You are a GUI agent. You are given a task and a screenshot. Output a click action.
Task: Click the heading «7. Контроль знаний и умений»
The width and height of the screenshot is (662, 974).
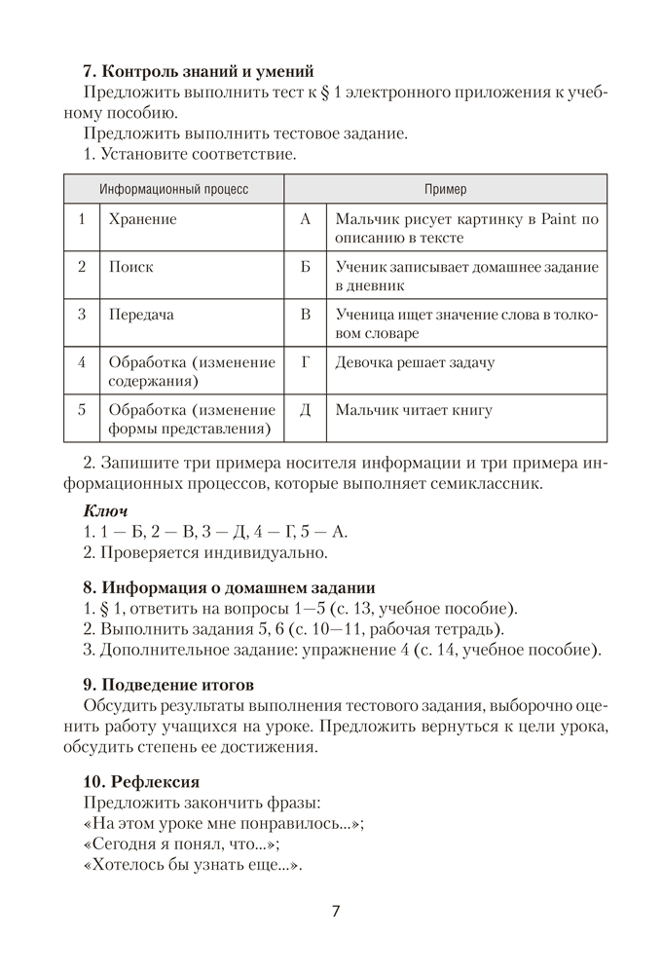click(x=199, y=70)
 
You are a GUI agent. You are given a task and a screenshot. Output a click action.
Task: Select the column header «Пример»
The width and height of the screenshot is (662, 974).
click(x=445, y=189)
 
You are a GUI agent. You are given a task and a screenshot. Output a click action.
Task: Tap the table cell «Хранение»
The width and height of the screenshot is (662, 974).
click(x=143, y=219)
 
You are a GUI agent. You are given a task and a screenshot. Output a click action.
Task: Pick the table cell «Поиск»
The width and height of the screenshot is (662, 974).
click(x=131, y=266)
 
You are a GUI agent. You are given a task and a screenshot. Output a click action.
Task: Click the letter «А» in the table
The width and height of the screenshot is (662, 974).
click(x=305, y=219)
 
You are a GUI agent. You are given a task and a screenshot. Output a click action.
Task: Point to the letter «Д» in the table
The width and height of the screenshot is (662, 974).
click(x=305, y=410)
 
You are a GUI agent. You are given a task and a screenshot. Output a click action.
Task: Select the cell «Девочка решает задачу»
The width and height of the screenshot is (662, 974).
click(x=415, y=362)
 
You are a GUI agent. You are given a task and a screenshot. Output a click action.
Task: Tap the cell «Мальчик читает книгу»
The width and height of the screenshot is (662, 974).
click(x=414, y=410)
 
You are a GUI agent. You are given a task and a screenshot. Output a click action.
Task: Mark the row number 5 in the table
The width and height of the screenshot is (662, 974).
click(x=83, y=410)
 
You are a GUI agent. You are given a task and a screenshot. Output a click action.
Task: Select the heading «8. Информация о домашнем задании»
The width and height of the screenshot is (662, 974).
click(x=230, y=587)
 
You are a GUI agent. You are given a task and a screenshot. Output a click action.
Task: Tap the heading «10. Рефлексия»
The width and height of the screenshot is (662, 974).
click(x=142, y=781)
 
